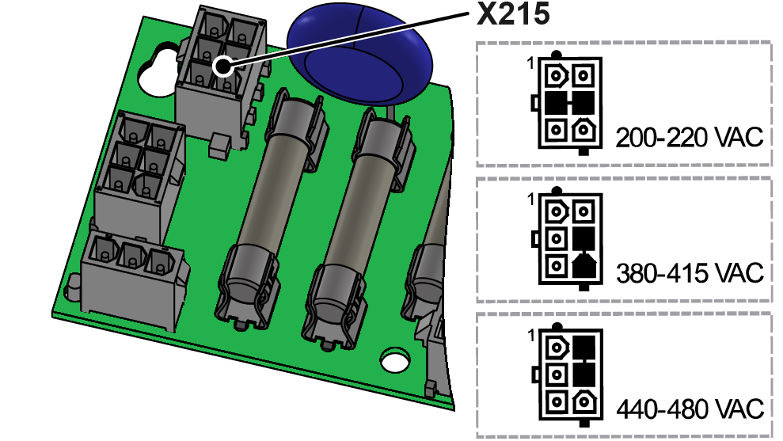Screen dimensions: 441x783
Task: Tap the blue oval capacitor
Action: click(360, 55)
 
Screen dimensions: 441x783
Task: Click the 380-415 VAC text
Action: click(689, 274)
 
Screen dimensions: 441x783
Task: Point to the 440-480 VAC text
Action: click(689, 409)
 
